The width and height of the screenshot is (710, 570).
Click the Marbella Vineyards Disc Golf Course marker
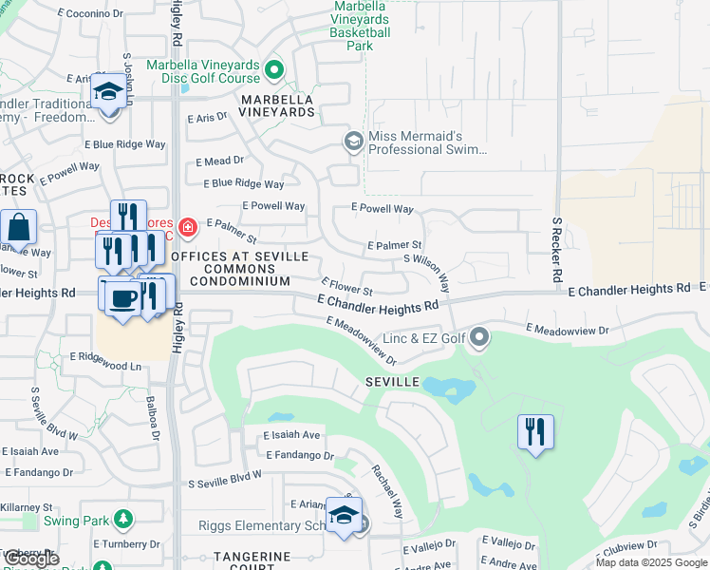pos(274,68)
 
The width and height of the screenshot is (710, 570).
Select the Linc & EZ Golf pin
pos(480,337)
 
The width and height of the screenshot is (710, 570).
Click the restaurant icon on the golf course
pos(535,431)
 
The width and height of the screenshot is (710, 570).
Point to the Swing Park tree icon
pos(122,519)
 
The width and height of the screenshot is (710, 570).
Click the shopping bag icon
pos(19,228)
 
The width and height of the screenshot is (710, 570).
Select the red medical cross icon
pos(188,226)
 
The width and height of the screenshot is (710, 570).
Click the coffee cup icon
pos(122,298)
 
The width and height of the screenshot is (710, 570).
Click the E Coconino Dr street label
pos(94,14)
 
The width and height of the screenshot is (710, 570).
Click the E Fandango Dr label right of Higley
pos(300,456)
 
